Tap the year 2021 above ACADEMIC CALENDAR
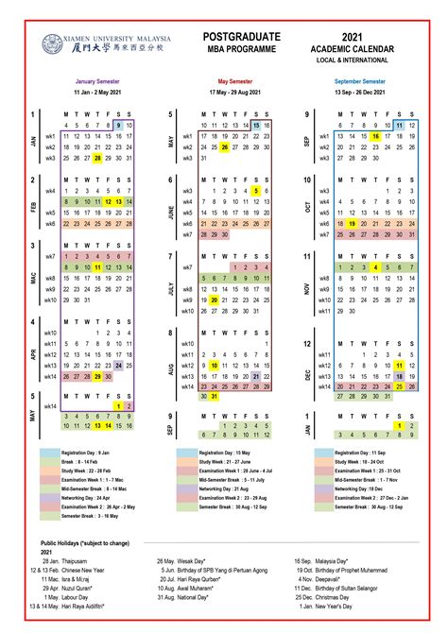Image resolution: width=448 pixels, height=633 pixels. [353, 35]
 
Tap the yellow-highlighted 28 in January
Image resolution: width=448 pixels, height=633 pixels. [97, 159]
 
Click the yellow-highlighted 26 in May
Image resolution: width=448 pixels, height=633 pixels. [224, 147]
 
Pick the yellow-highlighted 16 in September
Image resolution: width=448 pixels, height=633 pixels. [376, 136]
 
